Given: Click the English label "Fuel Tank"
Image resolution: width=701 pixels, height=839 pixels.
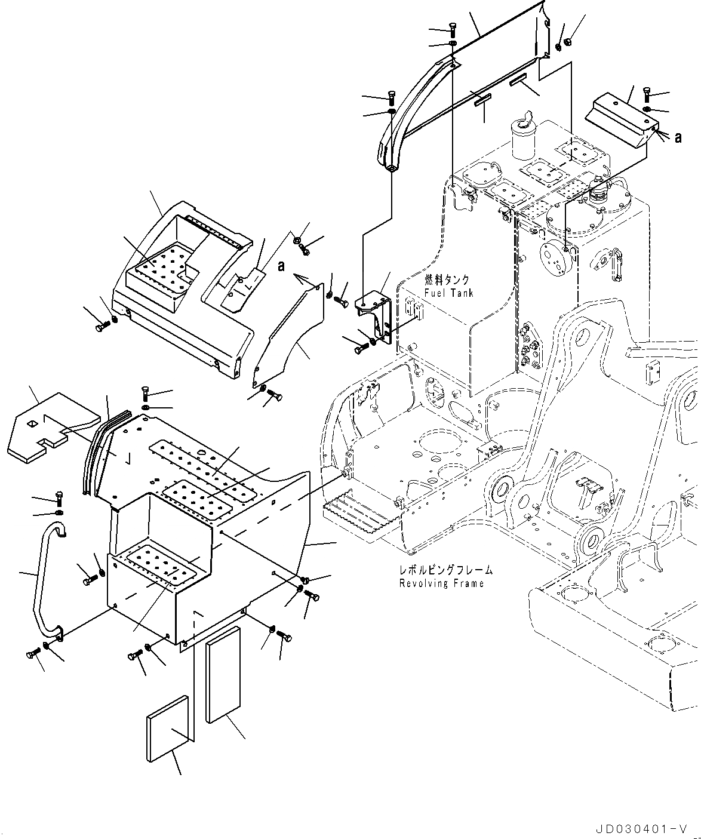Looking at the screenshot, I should (448, 293).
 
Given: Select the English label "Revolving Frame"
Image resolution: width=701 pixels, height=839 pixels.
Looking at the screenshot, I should (441, 583).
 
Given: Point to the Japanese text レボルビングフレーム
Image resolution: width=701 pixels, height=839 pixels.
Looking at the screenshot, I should (446, 570).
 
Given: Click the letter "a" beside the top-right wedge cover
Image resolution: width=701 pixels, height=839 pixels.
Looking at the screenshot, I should (678, 137).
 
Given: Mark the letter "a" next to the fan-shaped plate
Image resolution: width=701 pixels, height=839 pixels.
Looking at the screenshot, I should (281, 266).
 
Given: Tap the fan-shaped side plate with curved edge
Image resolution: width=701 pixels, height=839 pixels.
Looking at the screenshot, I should (287, 340).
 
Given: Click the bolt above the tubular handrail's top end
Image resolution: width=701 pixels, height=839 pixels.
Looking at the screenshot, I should (59, 497).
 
